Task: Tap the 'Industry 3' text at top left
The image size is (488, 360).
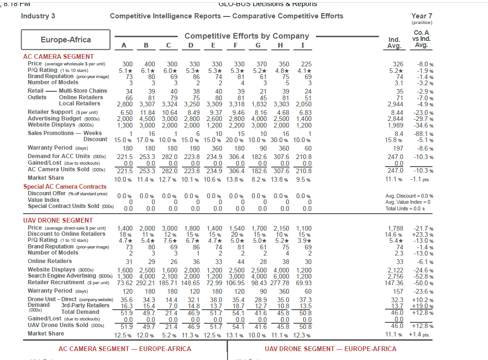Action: pos(38,16)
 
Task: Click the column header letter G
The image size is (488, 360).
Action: pos(257,46)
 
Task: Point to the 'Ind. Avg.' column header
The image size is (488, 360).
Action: pos(394,43)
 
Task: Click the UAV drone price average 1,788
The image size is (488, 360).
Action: pos(394,228)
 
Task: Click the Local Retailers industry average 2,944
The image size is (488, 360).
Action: pos(394,104)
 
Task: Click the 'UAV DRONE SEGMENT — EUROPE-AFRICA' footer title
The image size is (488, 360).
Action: pos(331,349)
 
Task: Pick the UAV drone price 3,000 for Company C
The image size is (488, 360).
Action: pos(170,228)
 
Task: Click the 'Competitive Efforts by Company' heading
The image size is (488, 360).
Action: pos(247,36)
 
